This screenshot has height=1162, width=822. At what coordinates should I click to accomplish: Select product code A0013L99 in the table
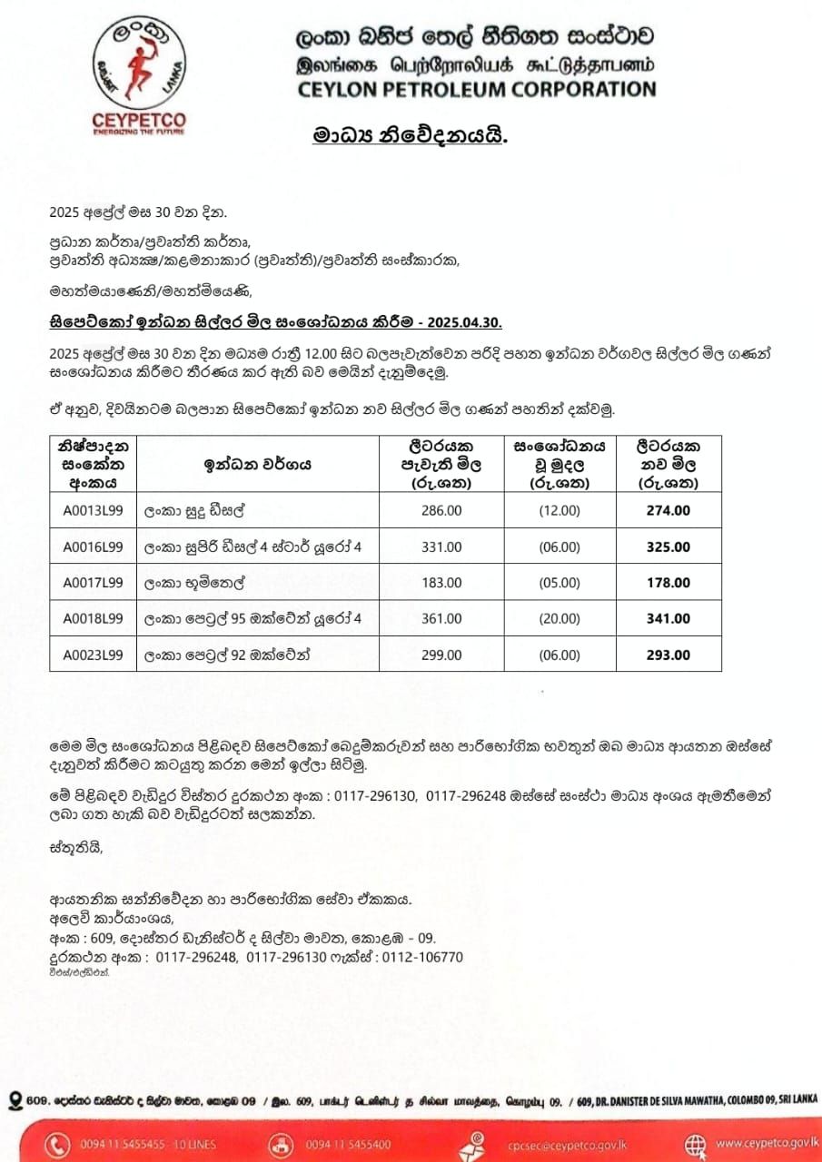(x=93, y=511)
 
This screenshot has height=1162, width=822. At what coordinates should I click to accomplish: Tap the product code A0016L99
(x=93, y=547)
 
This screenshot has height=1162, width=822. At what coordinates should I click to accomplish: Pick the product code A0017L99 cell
(x=93, y=583)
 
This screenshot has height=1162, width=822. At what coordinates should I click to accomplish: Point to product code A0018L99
(x=93, y=619)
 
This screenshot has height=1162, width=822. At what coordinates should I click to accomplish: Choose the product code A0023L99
(x=93, y=655)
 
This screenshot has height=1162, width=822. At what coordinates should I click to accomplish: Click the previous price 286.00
(x=441, y=511)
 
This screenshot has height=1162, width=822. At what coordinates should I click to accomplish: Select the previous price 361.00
(x=441, y=619)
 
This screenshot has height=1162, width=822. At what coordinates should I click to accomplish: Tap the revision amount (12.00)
(x=559, y=511)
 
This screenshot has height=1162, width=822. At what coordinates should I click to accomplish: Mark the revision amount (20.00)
(x=559, y=619)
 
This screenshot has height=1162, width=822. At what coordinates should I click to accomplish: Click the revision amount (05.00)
(x=559, y=583)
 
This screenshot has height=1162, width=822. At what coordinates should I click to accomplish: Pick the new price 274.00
(x=668, y=511)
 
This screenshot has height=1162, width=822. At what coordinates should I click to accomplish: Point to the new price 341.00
(x=668, y=619)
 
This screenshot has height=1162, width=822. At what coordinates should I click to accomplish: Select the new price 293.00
(x=668, y=655)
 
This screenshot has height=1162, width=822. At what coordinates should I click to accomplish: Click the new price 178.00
(x=668, y=583)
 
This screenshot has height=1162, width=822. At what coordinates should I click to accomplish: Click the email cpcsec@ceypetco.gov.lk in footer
(x=569, y=1145)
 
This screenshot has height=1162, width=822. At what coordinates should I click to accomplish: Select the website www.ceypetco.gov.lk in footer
(x=767, y=1144)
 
